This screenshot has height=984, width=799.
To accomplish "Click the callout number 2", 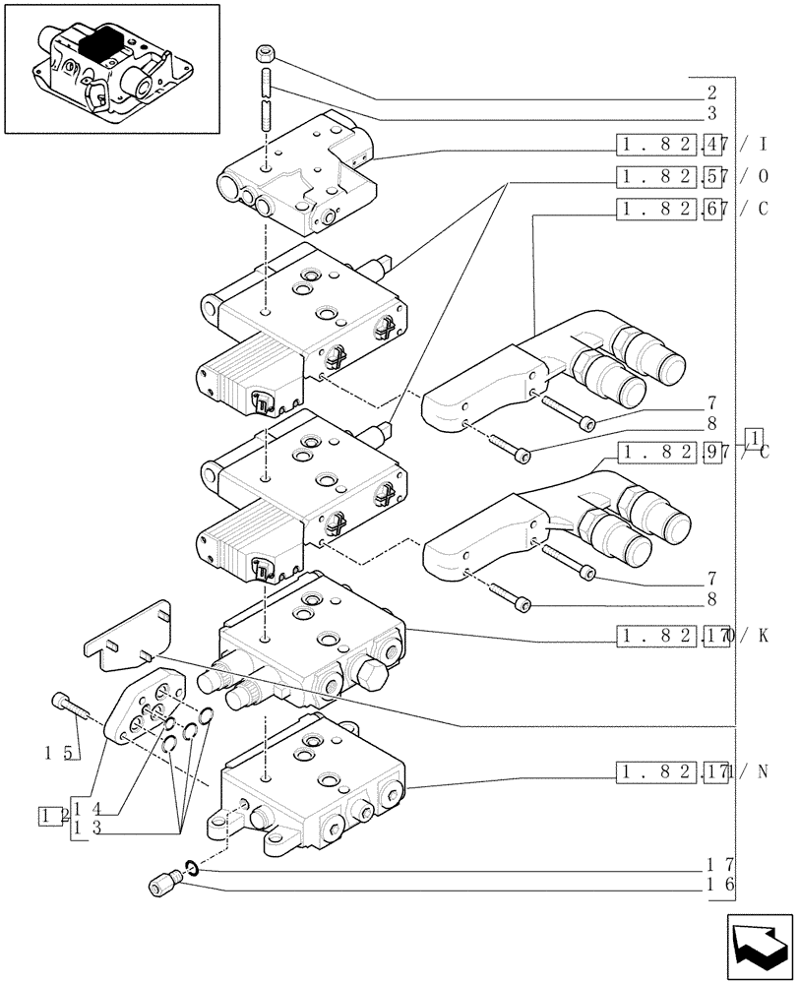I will pos(711,94).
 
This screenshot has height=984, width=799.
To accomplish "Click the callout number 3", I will pos(711,115).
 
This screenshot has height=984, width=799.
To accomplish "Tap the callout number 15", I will pos(59,754).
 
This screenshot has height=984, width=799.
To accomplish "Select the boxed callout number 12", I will pos(53,816).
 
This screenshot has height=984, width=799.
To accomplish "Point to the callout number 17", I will pos(716,866).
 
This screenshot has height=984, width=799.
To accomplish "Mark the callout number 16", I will pos(716,886).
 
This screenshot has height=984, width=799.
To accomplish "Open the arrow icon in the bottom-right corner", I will pos(759,945).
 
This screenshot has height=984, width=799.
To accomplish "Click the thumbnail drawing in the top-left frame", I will pos(111,68).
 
